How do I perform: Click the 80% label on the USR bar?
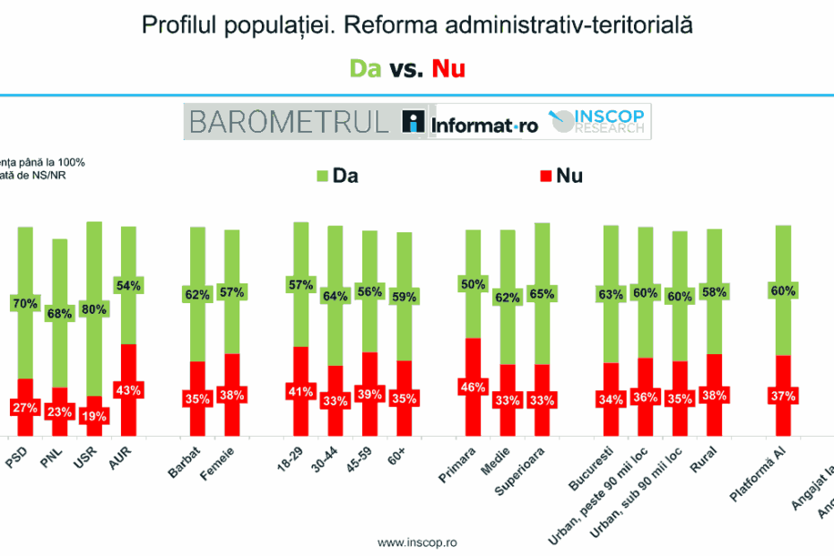click(x=95, y=309)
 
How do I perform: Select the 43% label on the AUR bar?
click(x=129, y=390)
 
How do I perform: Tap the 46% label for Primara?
click(x=473, y=387)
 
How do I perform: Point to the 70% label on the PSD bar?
click(x=25, y=303)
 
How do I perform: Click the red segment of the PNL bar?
click(x=60, y=412)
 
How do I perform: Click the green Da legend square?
click(x=323, y=175)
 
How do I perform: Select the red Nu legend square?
click(x=545, y=175)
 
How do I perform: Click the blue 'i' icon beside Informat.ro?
click(x=413, y=122)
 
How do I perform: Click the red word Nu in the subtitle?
click(x=448, y=68)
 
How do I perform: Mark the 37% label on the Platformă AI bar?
click(x=782, y=395)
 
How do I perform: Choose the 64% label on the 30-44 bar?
click(x=334, y=297)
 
